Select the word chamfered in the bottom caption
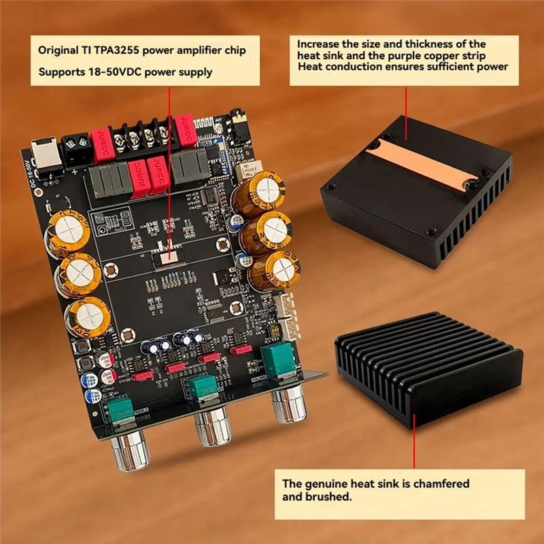[436, 483]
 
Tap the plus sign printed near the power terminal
[74, 170]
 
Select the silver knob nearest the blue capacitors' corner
[127, 452]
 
